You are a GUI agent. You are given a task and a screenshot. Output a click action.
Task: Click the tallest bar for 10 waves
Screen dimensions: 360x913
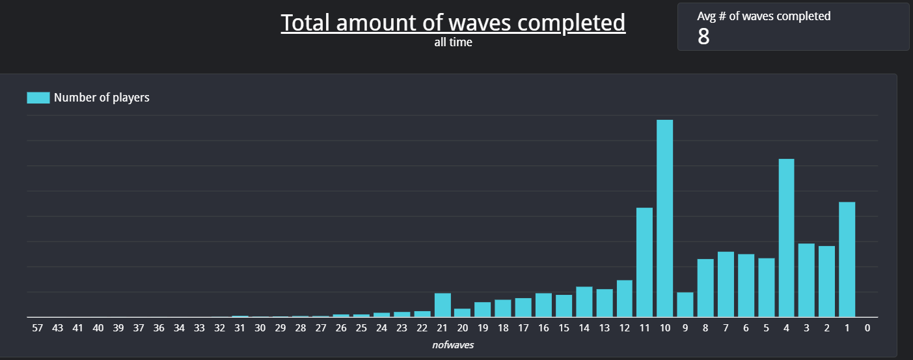tap(664, 218)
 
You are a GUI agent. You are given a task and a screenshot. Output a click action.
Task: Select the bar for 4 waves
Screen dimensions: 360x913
tap(786, 238)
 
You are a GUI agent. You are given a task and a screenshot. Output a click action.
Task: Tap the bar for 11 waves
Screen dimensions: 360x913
tap(644, 262)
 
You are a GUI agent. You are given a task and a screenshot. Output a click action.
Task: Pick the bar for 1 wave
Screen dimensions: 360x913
tap(847, 259)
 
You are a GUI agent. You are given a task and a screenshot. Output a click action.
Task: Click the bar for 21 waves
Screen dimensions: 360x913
tap(443, 305)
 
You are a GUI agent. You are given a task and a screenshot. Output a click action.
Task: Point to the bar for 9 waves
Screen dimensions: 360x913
tap(685, 304)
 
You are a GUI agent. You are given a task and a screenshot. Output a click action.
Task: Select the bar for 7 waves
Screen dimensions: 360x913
tap(726, 284)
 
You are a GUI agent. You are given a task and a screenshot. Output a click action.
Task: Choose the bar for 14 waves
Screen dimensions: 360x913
tap(584, 301)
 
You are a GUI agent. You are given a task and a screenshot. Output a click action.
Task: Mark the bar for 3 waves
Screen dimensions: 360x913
tap(806, 280)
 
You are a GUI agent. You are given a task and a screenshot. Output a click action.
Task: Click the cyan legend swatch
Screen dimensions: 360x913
tap(38, 98)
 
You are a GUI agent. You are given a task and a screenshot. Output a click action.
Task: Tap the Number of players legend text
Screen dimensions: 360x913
tap(102, 98)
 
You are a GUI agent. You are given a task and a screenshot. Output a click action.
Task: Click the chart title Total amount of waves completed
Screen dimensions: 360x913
tap(453, 23)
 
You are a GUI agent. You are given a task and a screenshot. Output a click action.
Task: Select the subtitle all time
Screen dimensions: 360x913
tap(453, 43)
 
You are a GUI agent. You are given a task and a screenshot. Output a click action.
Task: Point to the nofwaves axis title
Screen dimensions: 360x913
tap(453, 345)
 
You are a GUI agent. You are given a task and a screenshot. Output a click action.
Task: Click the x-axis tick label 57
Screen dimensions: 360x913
tap(37, 328)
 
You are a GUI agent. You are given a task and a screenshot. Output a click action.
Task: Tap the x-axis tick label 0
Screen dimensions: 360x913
tap(867, 328)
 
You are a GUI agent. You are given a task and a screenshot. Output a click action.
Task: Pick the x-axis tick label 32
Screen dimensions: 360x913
tap(219, 328)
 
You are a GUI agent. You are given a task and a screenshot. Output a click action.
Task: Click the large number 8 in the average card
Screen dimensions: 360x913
tap(703, 37)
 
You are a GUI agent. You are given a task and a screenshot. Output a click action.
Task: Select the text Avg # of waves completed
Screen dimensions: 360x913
tap(763, 16)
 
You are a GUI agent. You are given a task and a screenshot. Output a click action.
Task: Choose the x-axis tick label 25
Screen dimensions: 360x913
tap(361, 328)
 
